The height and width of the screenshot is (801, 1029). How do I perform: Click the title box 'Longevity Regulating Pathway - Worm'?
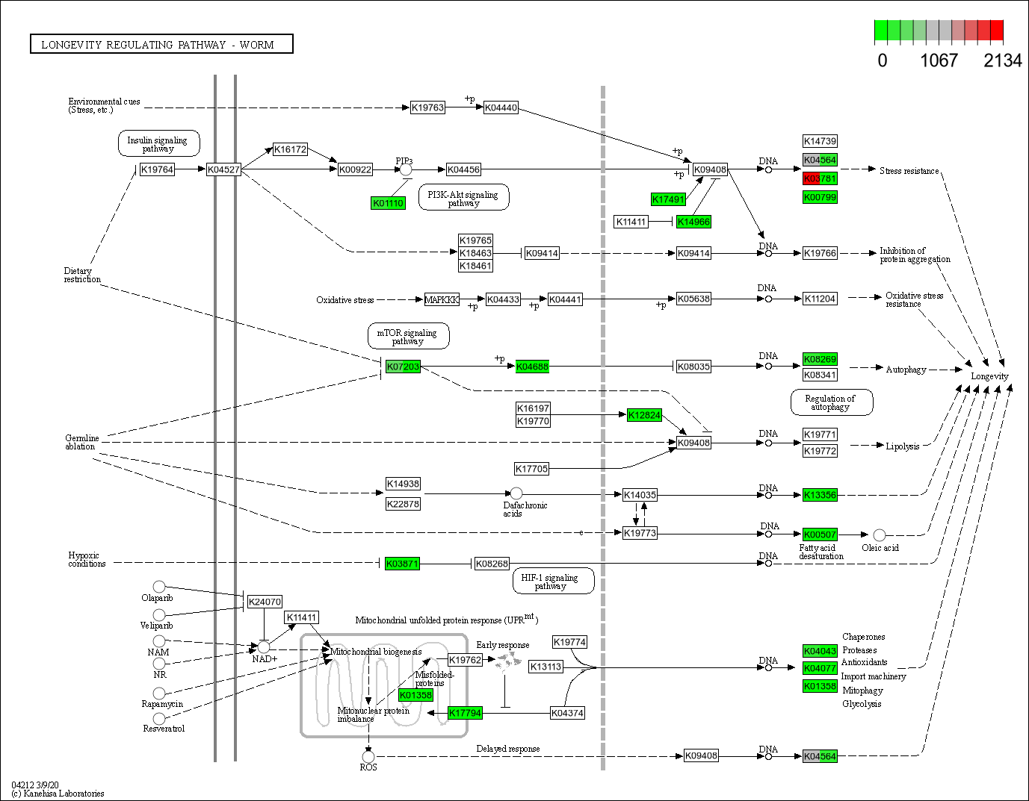coord(161,45)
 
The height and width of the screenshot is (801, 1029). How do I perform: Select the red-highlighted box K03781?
coord(820,179)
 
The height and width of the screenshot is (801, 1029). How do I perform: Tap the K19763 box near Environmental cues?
coord(427,107)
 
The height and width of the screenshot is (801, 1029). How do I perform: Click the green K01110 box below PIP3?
coord(388,203)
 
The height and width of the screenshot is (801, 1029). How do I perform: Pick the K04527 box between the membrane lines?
coord(223,169)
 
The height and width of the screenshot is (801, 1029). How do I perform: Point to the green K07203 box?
coord(403,367)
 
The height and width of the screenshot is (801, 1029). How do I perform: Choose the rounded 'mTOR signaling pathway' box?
coord(408,337)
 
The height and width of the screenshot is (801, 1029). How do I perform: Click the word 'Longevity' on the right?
coord(989,376)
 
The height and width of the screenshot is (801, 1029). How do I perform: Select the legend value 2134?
coord(1002,61)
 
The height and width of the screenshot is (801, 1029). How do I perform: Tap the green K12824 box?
coord(644,415)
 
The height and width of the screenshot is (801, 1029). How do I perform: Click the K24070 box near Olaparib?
coord(265,602)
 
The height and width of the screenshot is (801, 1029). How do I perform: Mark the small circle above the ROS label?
coord(368,756)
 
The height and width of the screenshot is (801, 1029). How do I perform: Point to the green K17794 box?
coord(465,713)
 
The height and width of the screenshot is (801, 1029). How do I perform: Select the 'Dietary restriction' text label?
coord(82,275)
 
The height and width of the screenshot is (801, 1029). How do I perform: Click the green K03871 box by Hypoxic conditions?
coord(402,564)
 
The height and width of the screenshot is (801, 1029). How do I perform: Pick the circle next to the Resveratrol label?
coord(159,718)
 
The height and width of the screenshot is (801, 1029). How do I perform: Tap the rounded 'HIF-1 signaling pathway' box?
coord(551,582)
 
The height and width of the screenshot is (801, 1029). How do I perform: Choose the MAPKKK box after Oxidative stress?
coord(442,299)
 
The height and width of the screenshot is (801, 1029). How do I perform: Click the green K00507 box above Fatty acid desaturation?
coord(820,534)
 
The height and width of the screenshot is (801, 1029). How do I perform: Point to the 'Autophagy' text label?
coord(906,370)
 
